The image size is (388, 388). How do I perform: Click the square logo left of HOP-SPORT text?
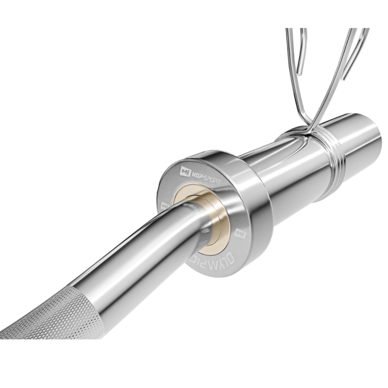[x=185, y=170]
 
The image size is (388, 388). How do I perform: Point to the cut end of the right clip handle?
[x=344, y=79]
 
